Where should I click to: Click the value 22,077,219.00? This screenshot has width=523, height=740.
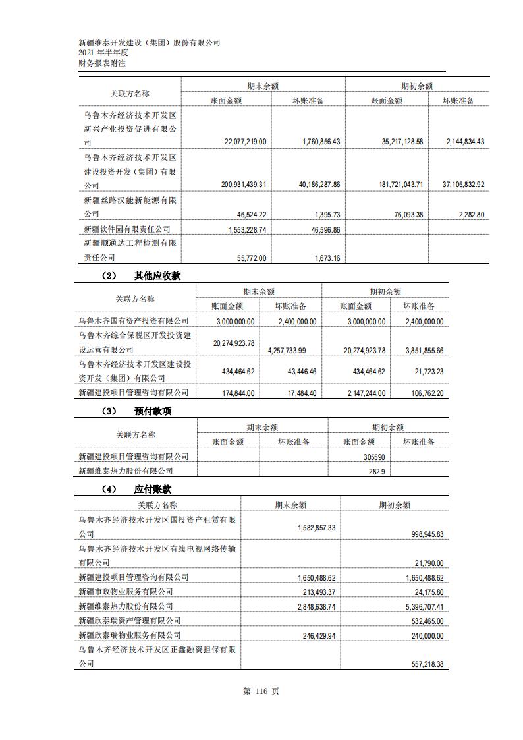pos(245,142)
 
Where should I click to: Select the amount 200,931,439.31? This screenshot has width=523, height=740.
pos(244,185)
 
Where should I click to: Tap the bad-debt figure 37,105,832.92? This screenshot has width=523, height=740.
pos(463,185)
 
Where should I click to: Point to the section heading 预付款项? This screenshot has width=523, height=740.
pos(153,411)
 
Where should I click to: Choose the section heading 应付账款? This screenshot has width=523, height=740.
pos(153,489)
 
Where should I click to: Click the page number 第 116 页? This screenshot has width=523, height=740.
pos(261,691)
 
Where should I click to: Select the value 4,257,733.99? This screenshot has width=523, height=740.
pos(293,351)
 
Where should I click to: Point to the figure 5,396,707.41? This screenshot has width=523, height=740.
pos(421,606)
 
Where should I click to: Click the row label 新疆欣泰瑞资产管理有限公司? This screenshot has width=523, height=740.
pos(129,621)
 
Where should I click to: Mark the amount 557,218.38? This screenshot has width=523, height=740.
pos(422,664)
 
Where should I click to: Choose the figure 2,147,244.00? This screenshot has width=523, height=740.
pos(362,393)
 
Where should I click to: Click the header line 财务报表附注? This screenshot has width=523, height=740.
pos(102,63)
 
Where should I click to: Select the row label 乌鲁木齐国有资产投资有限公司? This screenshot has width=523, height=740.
pos(133,321)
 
